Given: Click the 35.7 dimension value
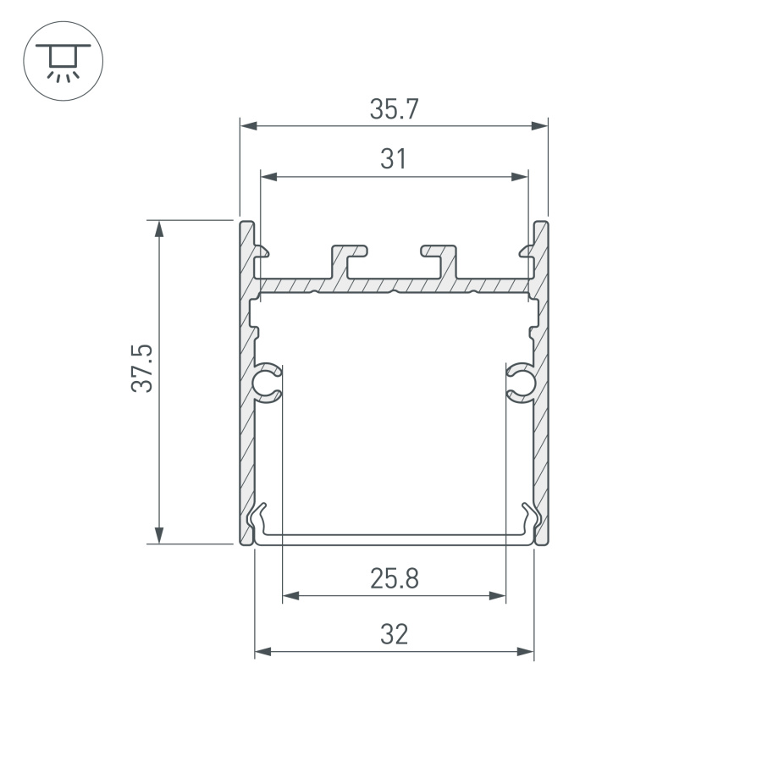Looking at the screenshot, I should (394, 108).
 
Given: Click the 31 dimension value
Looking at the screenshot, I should (394, 159).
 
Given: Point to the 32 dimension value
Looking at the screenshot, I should (394, 634).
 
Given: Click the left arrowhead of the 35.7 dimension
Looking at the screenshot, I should (248, 127).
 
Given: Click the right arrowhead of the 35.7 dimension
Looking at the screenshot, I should (539, 127).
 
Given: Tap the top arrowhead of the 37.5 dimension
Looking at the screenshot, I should (158, 229).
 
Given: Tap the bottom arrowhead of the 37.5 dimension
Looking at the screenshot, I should (158, 534).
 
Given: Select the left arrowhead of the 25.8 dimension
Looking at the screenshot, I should (290, 596).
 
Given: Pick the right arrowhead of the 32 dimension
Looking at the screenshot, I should (526, 652).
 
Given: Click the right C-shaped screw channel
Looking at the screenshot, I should (520, 383).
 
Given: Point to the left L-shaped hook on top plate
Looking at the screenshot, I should (350, 258).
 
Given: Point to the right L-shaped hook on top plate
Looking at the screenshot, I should (439, 258).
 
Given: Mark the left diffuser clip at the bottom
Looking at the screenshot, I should (261, 518).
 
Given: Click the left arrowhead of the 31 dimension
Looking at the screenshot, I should (268, 177).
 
